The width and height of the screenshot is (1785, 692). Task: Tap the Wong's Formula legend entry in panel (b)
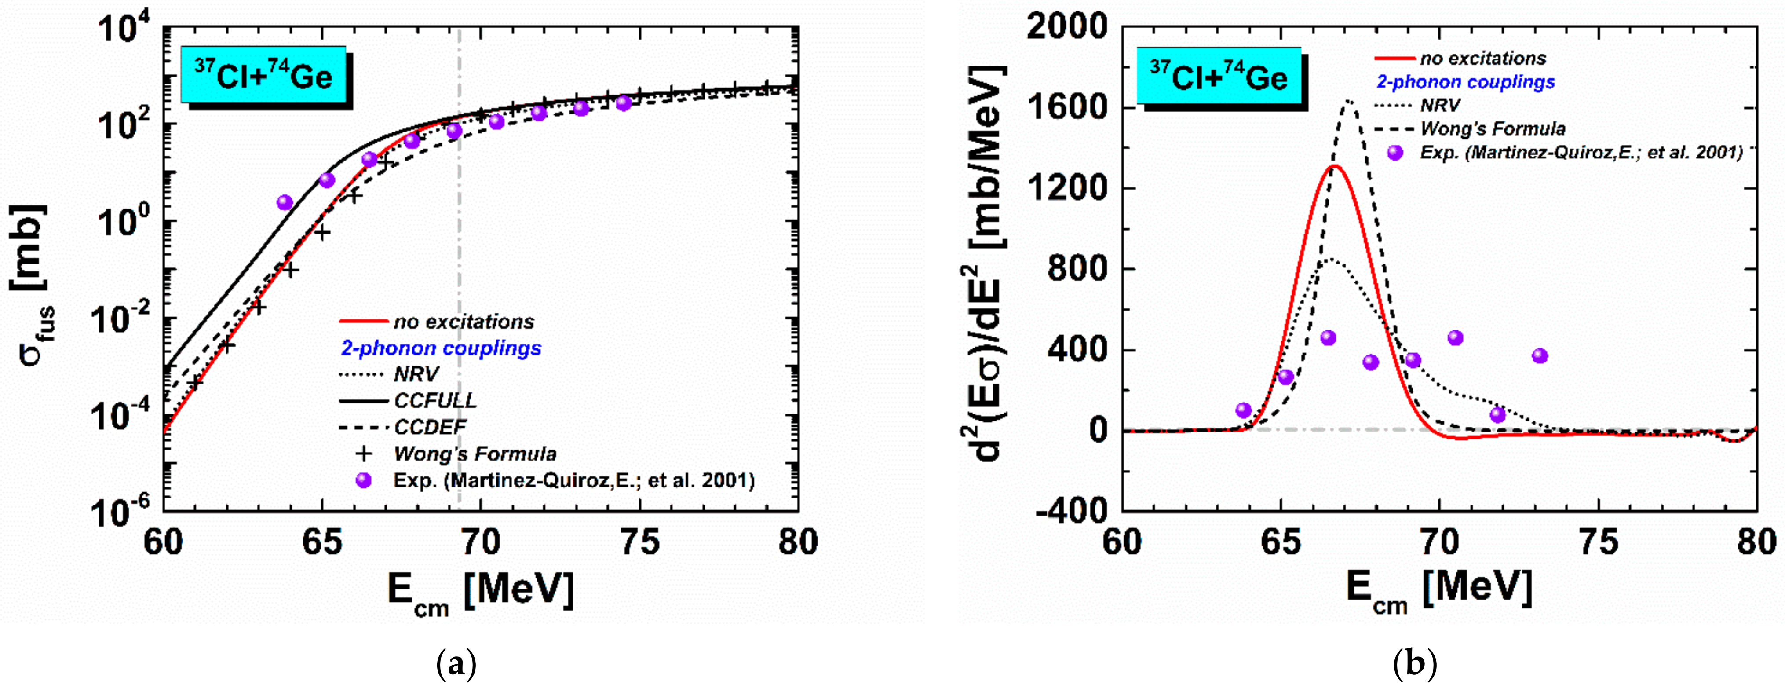[1492, 129]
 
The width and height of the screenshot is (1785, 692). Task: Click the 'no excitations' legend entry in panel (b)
[1482, 58]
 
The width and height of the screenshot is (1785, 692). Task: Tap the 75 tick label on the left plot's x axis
[639, 542]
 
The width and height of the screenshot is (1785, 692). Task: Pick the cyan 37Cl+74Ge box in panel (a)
[264, 75]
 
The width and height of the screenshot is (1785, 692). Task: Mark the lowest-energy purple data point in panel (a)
[285, 202]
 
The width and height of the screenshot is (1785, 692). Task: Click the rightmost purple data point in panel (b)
[1540, 356]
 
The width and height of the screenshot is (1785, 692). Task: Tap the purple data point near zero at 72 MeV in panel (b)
[1497, 415]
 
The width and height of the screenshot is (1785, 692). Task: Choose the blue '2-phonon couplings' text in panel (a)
[441, 348]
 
